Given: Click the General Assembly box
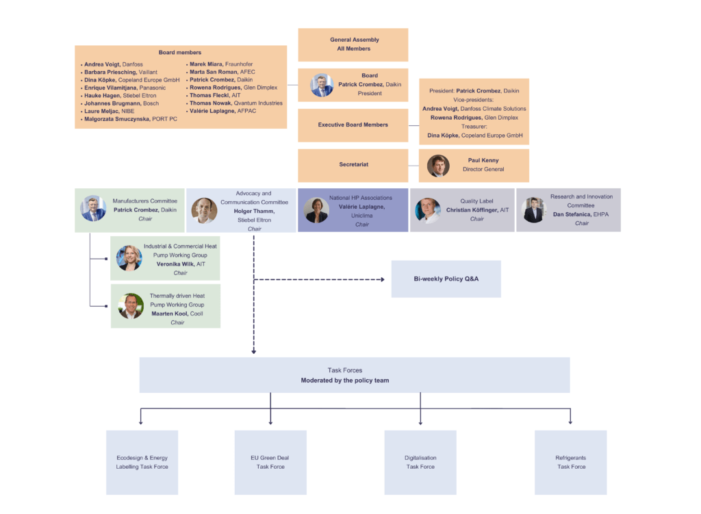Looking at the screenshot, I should coord(353,44).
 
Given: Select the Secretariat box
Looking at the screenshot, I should coord(353,165).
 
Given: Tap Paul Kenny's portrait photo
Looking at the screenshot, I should coord(438,166).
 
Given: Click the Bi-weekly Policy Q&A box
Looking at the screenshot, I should coord(446,279).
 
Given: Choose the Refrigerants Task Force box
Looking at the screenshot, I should coord(570,462).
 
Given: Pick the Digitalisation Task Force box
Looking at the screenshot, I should coord(420,462).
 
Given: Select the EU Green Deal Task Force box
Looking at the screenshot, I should coord(270,462).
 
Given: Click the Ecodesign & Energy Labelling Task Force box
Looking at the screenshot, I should coord(142,462).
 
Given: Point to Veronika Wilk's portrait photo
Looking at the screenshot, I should coord(129,258).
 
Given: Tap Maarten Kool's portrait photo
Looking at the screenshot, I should coord(130,307).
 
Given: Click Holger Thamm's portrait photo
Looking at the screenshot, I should coord(204,210).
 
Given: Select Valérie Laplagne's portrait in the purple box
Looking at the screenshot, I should coord(316,210).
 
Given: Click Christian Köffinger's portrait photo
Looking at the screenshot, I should coord(428,210).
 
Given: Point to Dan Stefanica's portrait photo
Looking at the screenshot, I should coord(533,210).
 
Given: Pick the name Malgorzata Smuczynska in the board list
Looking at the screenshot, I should coord(117,119).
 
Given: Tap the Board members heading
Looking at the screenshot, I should coord(180,53).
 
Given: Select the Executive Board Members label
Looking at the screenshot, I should coord(353,125).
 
